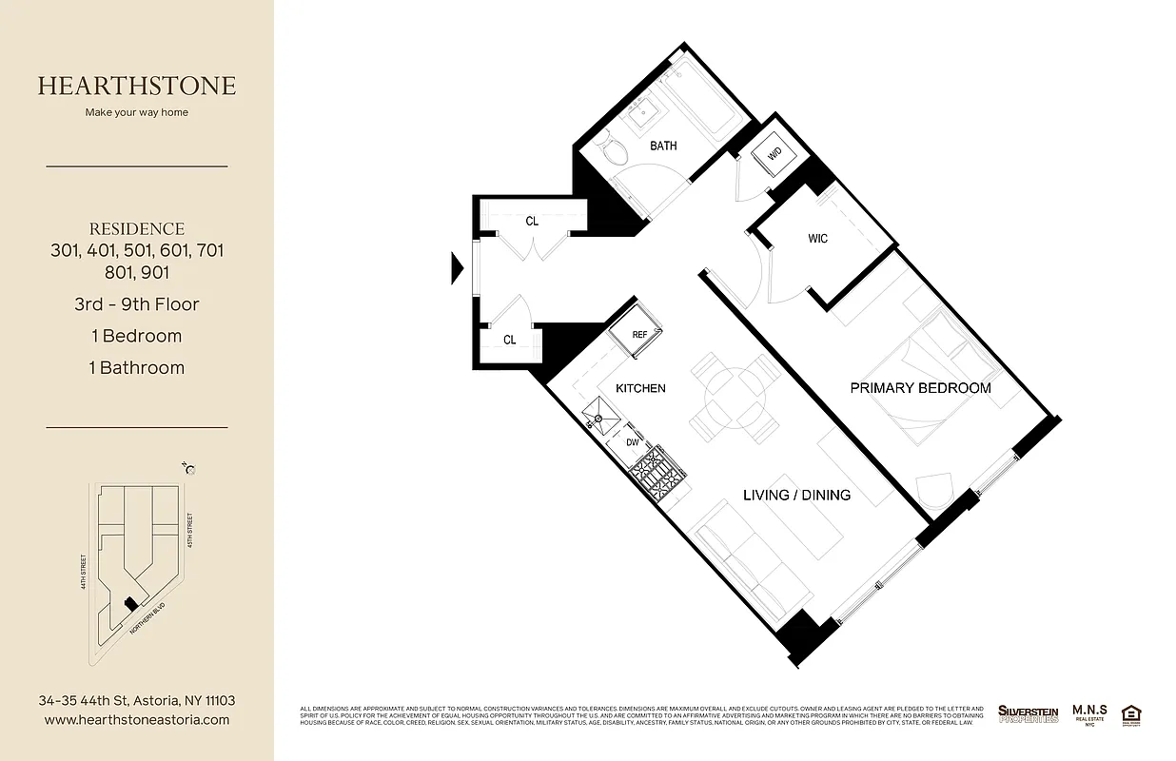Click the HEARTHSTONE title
click(x=137, y=86)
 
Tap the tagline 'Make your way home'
click(x=137, y=112)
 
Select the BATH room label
click(x=663, y=146)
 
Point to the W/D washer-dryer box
click(x=774, y=152)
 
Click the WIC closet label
click(x=817, y=238)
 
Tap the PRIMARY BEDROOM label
click(x=920, y=388)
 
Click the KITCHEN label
click(x=640, y=388)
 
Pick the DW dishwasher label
click(x=633, y=442)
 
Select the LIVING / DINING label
click(x=796, y=495)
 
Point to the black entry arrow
click(x=456, y=268)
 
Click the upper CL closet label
click(x=532, y=221)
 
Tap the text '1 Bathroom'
click(x=137, y=367)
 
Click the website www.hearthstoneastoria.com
click(x=137, y=720)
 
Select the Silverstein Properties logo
click(x=1028, y=713)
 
